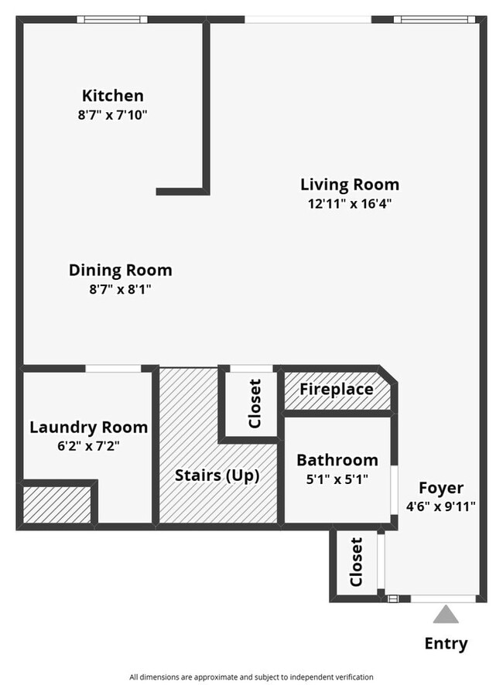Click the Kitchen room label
pyautogui.click(x=113, y=96)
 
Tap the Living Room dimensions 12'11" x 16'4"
pyautogui.click(x=350, y=204)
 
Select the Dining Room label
pyautogui.click(x=120, y=271)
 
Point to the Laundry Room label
pyautogui.click(x=88, y=427)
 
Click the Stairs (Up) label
pyautogui.click(x=217, y=475)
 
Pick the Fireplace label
pyautogui.click(x=336, y=389)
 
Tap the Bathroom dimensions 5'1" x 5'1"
pyautogui.click(x=337, y=479)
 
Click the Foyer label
pyautogui.click(x=441, y=488)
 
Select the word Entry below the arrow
pyautogui.click(x=446, y=643)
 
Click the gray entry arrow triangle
pyautogui.click(x=446, y=615)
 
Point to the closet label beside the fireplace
pyautogui.click(x=254, y=403)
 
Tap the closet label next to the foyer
pyautogui.click(x=357, y=562)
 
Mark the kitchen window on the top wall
pyautogui.click(x=116, y=19)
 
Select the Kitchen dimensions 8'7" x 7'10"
pyautogui.click(x=113, y=115)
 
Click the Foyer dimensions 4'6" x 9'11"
pyautogui.click(x=440, y=507)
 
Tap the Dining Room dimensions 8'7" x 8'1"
pyautogui.click(x=120, y=290)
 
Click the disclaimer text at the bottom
pyautogui.click(x=251, y=676)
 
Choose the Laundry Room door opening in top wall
pyautogui.click(x=113, y=368)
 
